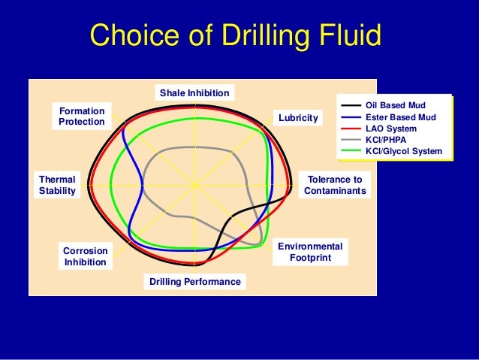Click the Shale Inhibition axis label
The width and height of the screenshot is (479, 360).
(194, 93)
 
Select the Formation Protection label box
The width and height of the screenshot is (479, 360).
(82, 116)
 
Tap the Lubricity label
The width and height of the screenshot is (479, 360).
(298, 119)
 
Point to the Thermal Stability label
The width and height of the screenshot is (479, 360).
(57, 186)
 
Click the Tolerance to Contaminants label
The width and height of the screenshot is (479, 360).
(335, 186)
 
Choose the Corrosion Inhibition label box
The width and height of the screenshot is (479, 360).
(85, 256)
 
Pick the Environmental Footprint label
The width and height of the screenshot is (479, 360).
(310, 253)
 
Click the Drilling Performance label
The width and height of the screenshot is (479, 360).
(194, 282)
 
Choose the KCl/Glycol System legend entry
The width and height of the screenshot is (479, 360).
(403, 151)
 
